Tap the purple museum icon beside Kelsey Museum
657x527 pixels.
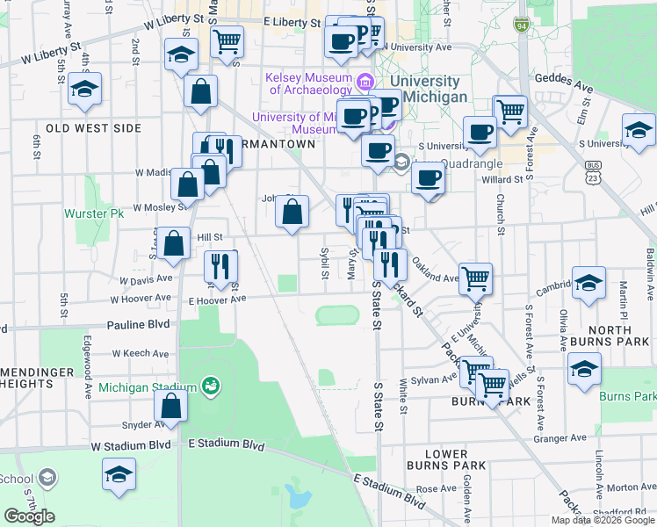point(365,83)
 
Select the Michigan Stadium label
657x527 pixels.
point(147,387)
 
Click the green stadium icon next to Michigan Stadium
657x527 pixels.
point(209,385)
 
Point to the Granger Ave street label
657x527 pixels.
point(560,437)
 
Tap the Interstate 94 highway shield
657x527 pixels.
point(522,24)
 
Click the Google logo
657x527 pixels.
point(29,516)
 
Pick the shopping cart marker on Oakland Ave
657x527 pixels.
point(475,278)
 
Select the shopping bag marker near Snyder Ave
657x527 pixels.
point(170,405)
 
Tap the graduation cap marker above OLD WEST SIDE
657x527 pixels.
point(85,88)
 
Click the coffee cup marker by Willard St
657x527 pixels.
point(428,178)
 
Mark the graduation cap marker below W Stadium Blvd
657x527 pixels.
point(119,475)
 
